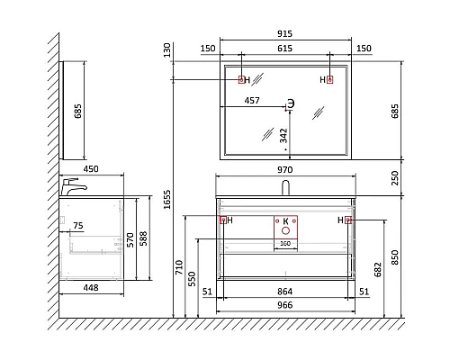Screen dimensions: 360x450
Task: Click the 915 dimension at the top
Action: (x=285, y=34)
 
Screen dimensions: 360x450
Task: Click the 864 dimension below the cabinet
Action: (x=285, y=292)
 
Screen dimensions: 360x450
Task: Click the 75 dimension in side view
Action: (x=78, y=227)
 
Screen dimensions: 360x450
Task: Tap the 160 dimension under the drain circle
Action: (x=285, y=243)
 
